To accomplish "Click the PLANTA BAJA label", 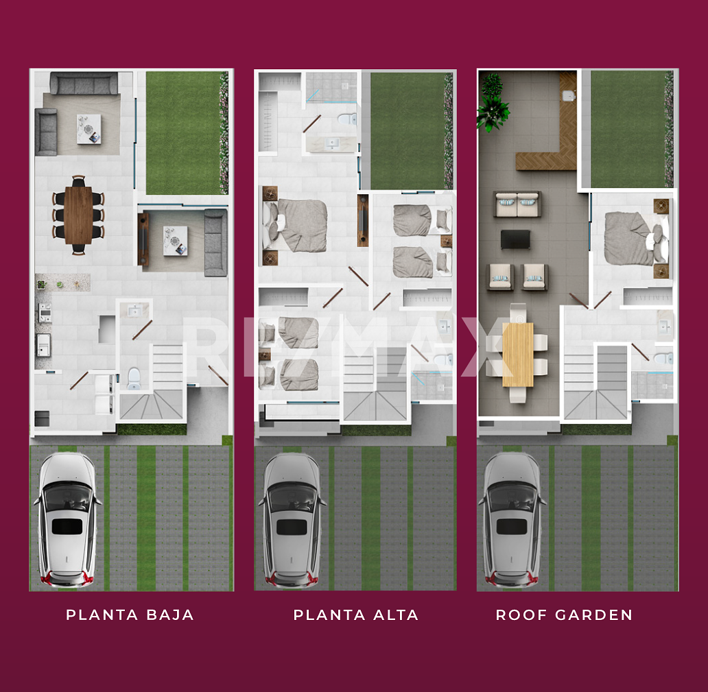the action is point(130,615).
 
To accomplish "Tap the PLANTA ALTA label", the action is point(356,615).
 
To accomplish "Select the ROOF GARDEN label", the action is point(564,615).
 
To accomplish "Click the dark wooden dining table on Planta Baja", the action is point(79,215).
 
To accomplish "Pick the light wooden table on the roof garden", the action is point(518,355).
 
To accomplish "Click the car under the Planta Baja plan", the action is point(67,520).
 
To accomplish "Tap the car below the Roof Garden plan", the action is point(512,520).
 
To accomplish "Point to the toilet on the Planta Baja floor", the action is point(134,379).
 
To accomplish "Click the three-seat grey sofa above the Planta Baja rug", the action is point(84,84).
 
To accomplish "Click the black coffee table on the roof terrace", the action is point(515,239).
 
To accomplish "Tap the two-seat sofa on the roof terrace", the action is point(517,204).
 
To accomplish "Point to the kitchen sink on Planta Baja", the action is point(43,346).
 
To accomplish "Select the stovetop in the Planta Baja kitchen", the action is point(45,312).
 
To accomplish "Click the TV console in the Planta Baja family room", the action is point(143,239).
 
